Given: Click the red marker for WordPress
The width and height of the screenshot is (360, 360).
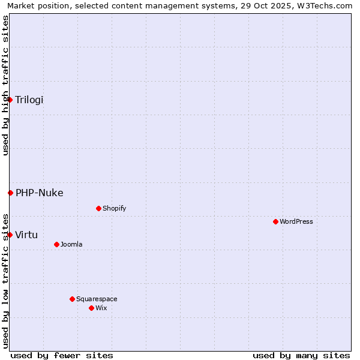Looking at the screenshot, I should [x=275, y=221].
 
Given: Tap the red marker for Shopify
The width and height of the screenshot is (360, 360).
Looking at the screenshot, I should [x=98, y=208].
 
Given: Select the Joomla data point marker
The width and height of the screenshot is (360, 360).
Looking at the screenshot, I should [x=56, y=244].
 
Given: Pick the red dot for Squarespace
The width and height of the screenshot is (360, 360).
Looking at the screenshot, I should [x=72, y=299].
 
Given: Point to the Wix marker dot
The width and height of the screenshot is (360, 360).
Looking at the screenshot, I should [x=91, y=308].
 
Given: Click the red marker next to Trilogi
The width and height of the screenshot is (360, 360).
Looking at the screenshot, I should [x=10, y=100].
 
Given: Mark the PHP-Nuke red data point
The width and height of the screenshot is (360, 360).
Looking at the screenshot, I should [x=10, y=193].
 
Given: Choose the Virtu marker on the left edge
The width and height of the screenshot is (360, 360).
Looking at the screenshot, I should [x=10, y=235].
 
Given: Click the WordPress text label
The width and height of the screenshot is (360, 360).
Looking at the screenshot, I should [x=296, y=221].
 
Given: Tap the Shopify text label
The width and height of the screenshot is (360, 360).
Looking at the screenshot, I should [x=115, y=208].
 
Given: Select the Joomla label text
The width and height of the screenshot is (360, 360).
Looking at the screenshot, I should [x=71, y=244].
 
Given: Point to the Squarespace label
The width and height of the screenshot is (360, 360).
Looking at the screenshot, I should [x=97, y=299].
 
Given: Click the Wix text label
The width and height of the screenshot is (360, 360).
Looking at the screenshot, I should [x=101, y=308].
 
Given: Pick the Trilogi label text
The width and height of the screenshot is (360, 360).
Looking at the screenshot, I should [x=29, y=100].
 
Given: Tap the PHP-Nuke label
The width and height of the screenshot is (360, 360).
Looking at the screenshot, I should [x=40, y=193].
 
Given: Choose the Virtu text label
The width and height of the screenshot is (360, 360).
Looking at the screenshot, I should [x=26, y=235].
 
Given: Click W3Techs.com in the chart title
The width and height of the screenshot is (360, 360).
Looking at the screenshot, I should [x=327, y=6].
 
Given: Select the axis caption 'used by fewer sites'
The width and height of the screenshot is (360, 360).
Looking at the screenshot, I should [x=62, y=355].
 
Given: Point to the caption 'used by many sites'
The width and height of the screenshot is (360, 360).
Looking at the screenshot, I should [x=301, y=355].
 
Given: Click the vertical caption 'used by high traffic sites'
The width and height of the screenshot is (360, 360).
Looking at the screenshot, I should [x=5, y=85].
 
